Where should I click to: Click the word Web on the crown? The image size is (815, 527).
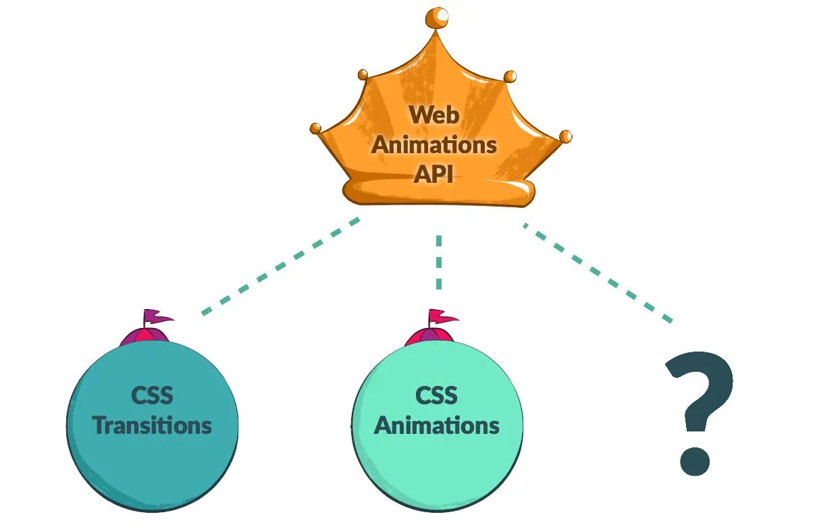[433, 115]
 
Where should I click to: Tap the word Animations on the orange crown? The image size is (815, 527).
[433, 145]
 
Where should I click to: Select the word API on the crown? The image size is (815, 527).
[433, 174]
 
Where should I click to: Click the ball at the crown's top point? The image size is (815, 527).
[437, 18]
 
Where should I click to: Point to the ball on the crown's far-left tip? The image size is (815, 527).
[315, 128]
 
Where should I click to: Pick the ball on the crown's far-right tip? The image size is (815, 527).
[565, 137]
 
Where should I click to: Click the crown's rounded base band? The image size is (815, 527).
[439, 192]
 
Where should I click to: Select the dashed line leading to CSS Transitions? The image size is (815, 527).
[280, 267]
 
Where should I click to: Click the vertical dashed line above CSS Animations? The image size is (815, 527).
[439, 262]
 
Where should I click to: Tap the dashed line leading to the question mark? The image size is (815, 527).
[598, 273]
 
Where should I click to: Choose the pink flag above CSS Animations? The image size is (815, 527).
[443, 316]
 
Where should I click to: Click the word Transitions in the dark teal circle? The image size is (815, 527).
[152, 425]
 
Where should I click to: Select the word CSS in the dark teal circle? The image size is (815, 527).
[152, 395]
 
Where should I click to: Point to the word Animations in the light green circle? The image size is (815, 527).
[437, 425]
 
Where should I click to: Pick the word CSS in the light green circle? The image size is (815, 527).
[437, 395]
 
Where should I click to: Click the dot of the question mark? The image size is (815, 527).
[695, 461]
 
